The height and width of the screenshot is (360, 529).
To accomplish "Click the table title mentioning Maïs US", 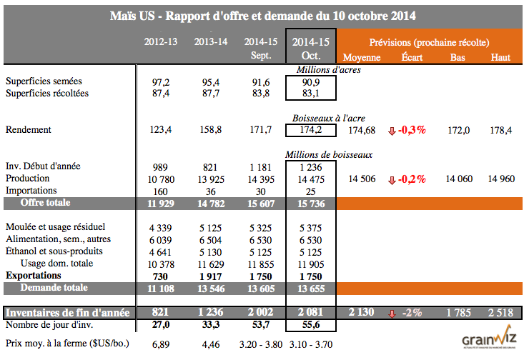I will [264, 15].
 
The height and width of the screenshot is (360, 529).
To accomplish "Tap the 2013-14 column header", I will [211, 42].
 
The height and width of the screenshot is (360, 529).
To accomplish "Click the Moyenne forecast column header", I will [362, 57].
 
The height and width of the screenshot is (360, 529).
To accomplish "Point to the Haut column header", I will [500, 57].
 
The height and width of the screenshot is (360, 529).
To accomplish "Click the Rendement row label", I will [29, 130].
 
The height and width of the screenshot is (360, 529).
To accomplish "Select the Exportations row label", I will [35, 275].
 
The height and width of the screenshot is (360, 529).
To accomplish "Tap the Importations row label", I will [33, 191].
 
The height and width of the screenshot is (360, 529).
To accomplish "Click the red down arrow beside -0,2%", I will [391, 179].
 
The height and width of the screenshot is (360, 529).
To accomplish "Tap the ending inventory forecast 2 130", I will [362, 312].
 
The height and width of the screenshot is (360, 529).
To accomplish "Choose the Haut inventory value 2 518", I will [500, 312].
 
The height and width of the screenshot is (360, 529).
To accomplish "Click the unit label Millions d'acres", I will [328, 70].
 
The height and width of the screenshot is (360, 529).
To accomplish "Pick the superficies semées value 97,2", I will [161, 81].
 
